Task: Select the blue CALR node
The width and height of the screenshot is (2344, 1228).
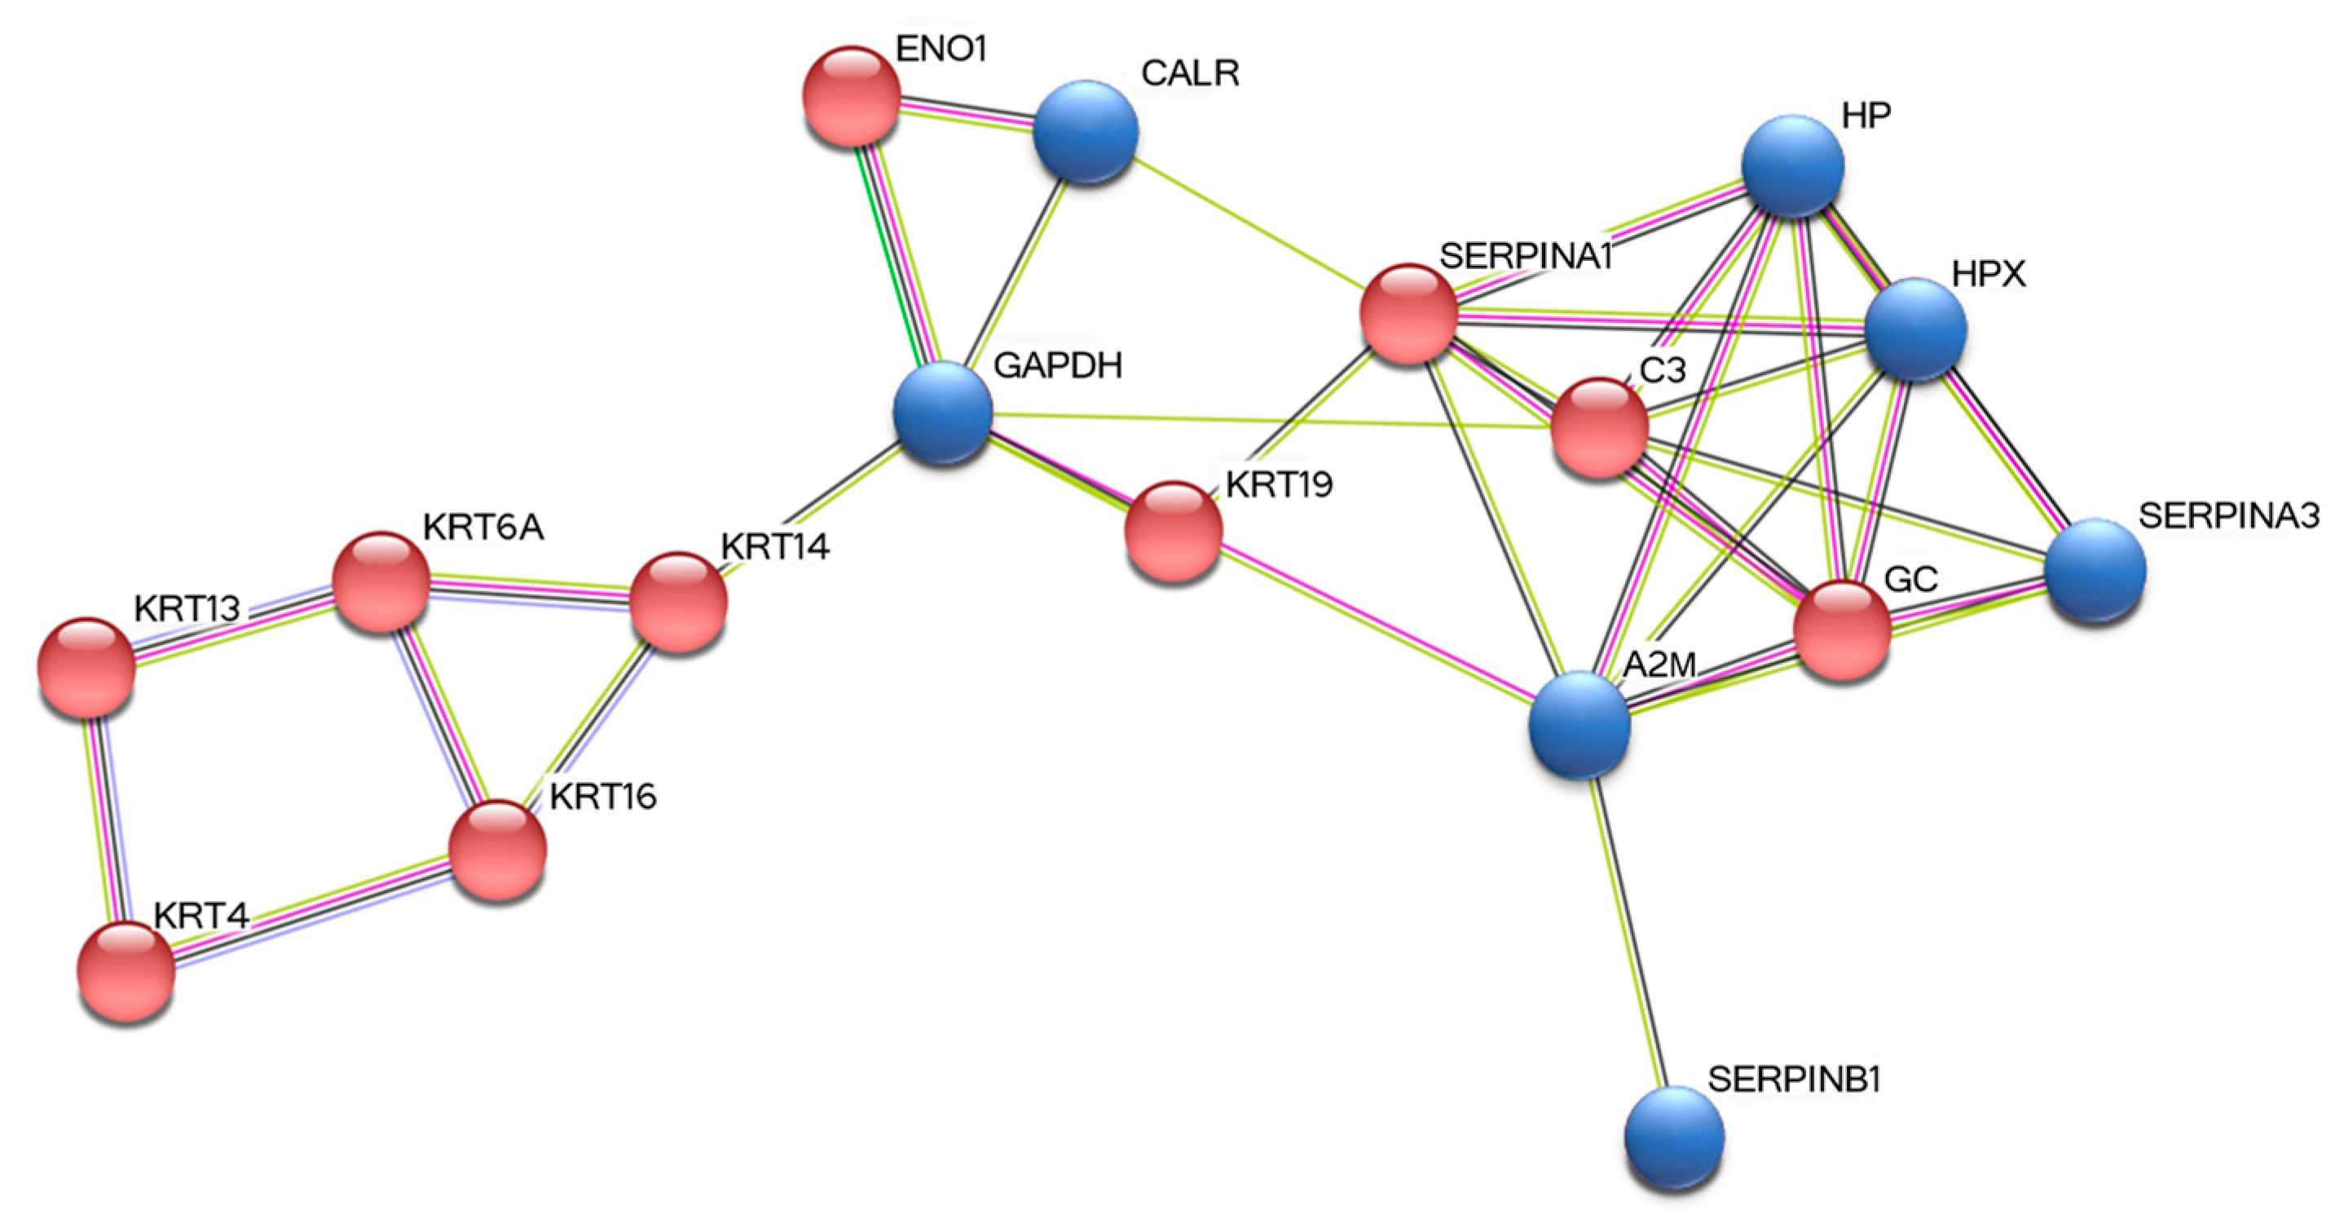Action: [x=1086, y=133]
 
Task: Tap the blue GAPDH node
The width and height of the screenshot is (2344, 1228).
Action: [x=943, y=413]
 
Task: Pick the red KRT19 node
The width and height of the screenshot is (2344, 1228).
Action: [x=1174, y=532]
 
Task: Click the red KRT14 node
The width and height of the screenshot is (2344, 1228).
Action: [x=679, y=602]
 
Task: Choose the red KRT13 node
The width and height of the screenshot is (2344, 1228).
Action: [x=87, y=667]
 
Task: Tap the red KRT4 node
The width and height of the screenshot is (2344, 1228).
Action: [x=126, y=970]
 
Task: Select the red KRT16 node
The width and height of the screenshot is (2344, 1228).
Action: [x=499, y=850]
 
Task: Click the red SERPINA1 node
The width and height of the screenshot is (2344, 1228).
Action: [x=1408, y=314]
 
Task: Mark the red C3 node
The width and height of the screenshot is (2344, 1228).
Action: [x=1600, y=428]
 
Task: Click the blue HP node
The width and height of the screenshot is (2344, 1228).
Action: [x=1792, y=166]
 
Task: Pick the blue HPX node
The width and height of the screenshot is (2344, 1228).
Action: [x=1915, y=329]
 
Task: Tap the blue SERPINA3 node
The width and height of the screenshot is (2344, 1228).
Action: [x=2095, y=571]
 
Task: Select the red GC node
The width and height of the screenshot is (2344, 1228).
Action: [x=1843, y=631]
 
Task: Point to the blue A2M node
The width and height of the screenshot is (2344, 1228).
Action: [x=1580, y=725]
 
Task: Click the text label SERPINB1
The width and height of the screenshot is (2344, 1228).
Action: [x=1794, y=1080]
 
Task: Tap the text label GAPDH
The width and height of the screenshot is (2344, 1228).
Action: [x=1057, y=366]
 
